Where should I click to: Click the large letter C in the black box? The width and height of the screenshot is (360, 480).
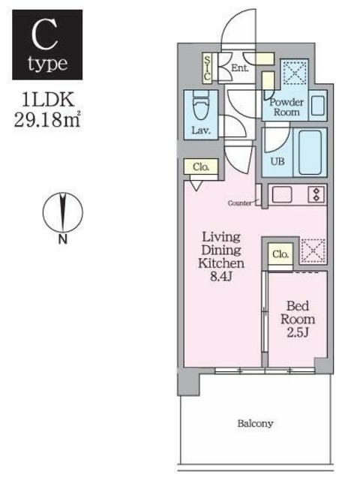click(x=47, y=34)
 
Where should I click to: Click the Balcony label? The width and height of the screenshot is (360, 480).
click(x=255, y=424)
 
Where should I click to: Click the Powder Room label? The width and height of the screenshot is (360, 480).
click(x=285, y=106)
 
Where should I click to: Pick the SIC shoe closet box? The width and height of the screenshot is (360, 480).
click(x=208, y=67)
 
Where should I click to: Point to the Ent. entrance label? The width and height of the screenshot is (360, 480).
click(x=240, y=68)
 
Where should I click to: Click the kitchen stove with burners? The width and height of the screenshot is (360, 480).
click(x=316, y=194)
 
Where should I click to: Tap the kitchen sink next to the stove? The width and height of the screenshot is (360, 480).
click(x=283, y=194)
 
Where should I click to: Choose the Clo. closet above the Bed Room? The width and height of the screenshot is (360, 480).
click(x=280, y=254)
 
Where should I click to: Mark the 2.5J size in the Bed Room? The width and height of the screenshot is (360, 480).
click(x=295, y=331)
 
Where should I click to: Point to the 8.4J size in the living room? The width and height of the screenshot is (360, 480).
click(x=220, y=277)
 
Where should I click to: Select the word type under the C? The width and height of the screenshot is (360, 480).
click(x=47, y=64)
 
